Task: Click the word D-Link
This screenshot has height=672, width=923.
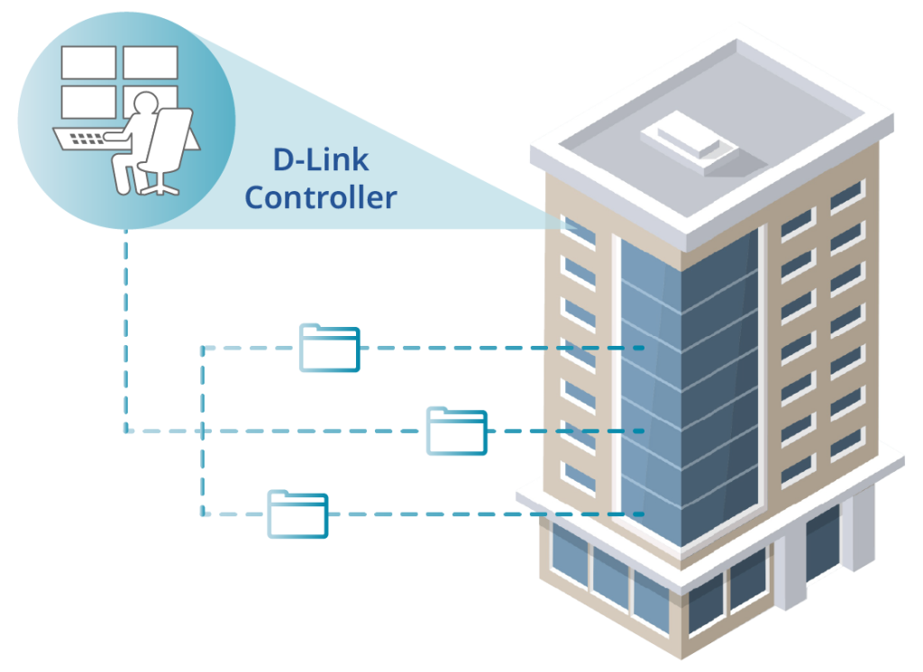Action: [321, 159]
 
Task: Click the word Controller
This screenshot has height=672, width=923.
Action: [321, 197]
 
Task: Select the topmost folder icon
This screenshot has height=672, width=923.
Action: [330, 348]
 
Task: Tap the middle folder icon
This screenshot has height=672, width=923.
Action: [457, 431]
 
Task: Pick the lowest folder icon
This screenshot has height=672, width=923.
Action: [297, 514]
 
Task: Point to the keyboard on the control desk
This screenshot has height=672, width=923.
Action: [87, 139]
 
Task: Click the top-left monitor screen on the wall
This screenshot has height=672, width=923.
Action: [89, 62]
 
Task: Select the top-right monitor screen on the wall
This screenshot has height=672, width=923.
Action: [151, 62]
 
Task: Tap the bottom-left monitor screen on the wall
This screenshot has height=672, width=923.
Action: [89, 102]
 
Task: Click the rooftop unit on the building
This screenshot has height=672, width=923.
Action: [690, 141]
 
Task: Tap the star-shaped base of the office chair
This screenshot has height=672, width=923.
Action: [159, 186]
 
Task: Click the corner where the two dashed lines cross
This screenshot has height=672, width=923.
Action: [203, 431]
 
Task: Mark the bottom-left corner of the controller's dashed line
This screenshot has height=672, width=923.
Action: [126, 431]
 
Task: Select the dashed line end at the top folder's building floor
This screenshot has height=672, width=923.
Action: [642, 348]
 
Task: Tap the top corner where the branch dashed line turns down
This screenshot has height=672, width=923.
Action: [203, 348]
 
